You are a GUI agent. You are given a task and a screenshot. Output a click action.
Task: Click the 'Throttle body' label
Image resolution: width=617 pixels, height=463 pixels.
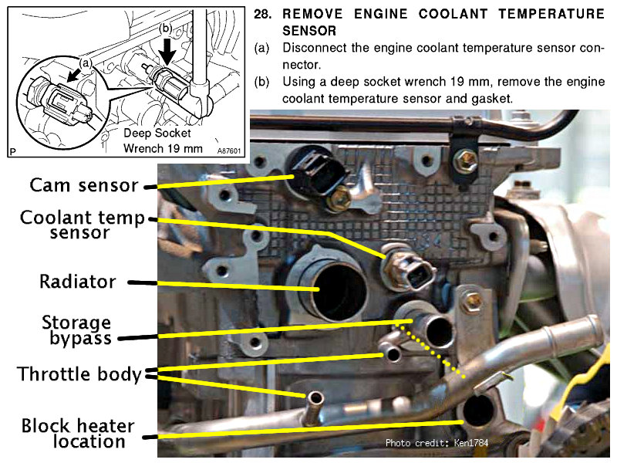79,376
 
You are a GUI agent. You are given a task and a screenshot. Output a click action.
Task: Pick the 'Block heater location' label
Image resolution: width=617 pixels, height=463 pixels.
78,434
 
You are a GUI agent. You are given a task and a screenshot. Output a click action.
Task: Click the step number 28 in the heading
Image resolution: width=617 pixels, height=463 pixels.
263,15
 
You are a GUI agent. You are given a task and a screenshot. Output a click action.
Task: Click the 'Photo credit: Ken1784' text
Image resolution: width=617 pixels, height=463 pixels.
437,443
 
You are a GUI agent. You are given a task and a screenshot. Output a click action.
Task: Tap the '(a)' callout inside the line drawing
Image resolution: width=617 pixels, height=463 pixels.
86,56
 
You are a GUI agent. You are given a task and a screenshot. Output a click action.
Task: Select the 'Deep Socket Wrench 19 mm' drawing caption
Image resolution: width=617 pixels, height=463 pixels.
163,140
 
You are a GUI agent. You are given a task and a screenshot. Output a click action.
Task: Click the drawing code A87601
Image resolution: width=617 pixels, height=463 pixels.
229,151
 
